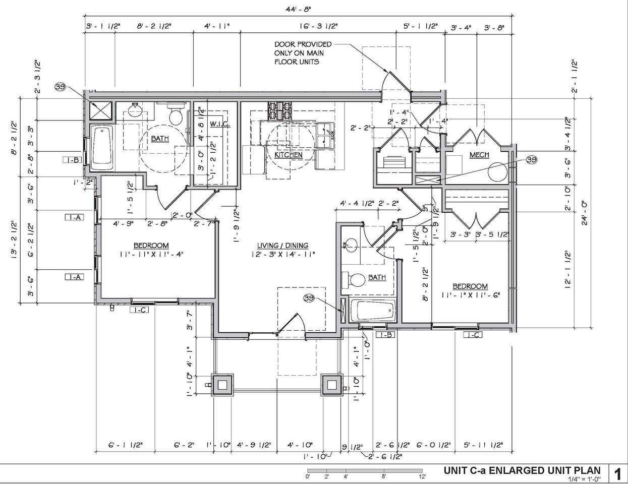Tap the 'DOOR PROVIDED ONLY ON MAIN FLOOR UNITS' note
[300, 53]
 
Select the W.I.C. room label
[220, 124]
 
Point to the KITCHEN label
[289, 155]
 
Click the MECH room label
[479, 155]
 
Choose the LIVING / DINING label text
[282, 246]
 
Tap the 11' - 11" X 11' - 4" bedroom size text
[151, 255]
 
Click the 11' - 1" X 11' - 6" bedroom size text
[470, 295]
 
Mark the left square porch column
[222, 385]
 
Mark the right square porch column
[332, 385]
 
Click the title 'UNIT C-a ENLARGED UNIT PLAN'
[522, 470]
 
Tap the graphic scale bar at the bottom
[366, 470]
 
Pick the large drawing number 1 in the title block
[617, 474]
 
